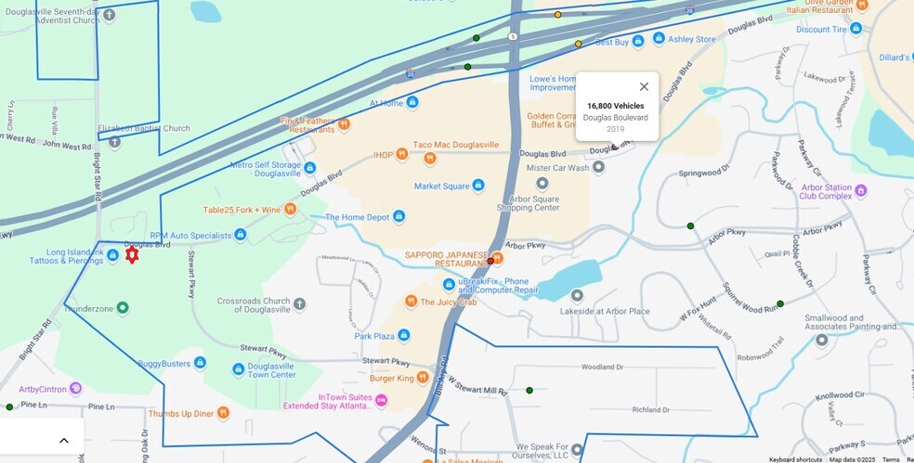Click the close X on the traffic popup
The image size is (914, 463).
[644, 86]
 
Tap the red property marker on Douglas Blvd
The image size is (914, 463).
[132, 254]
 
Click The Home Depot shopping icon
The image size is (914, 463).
[398, 216]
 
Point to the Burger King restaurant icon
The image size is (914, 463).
[423, 377]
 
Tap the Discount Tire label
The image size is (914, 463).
[821, 29]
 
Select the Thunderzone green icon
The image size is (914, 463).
[122, 307]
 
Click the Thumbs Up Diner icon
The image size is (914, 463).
[223, 413]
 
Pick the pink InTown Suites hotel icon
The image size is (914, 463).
[381, 401]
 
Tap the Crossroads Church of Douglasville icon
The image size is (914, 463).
[299, 303]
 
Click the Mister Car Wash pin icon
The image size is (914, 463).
[599, 168]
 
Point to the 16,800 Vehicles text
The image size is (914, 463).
[615, 106]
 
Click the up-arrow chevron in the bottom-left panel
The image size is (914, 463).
[64, 440]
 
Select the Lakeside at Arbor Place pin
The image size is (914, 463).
[577, 296]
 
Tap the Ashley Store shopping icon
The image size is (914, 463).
[659, 38]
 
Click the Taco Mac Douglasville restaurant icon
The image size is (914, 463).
[430, 159]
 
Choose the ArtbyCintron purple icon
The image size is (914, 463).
[75, 388]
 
